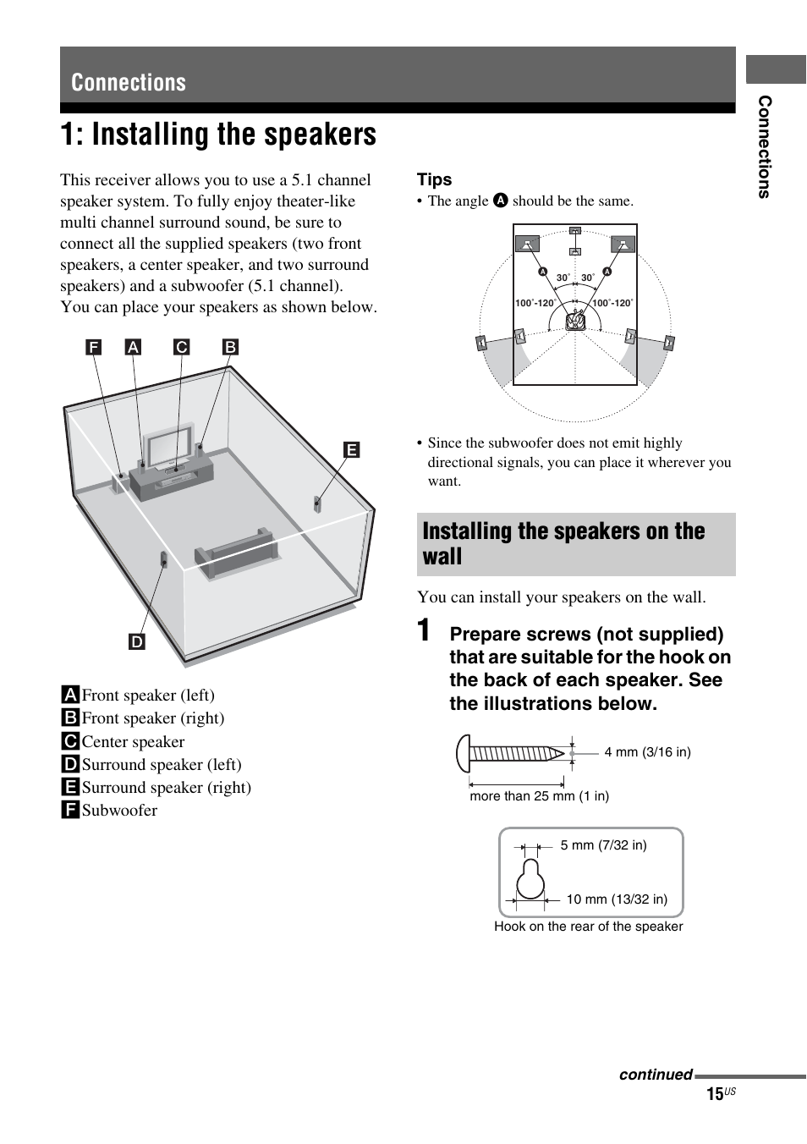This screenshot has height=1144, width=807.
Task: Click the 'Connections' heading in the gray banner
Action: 129,82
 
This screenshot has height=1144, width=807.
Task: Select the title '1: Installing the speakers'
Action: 218,135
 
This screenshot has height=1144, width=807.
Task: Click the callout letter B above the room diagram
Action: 230,347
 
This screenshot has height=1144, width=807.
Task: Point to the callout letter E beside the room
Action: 351,450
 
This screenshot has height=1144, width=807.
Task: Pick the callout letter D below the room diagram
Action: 137,641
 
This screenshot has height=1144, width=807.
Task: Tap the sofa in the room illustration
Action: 235,553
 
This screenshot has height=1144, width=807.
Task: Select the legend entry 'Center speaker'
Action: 133,742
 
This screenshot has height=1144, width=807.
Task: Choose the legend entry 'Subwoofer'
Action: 119,811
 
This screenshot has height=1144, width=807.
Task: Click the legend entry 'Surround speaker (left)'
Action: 161,765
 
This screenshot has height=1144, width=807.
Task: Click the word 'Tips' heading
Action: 434,179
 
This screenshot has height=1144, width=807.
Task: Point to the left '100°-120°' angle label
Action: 535,303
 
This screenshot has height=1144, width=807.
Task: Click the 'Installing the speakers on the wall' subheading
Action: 563,543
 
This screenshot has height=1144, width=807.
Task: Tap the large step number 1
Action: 428,632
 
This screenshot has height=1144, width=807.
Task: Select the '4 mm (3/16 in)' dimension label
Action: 647,752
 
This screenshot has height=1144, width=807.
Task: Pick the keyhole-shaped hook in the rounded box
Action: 530,880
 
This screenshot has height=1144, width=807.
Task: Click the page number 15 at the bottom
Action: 715,1094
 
